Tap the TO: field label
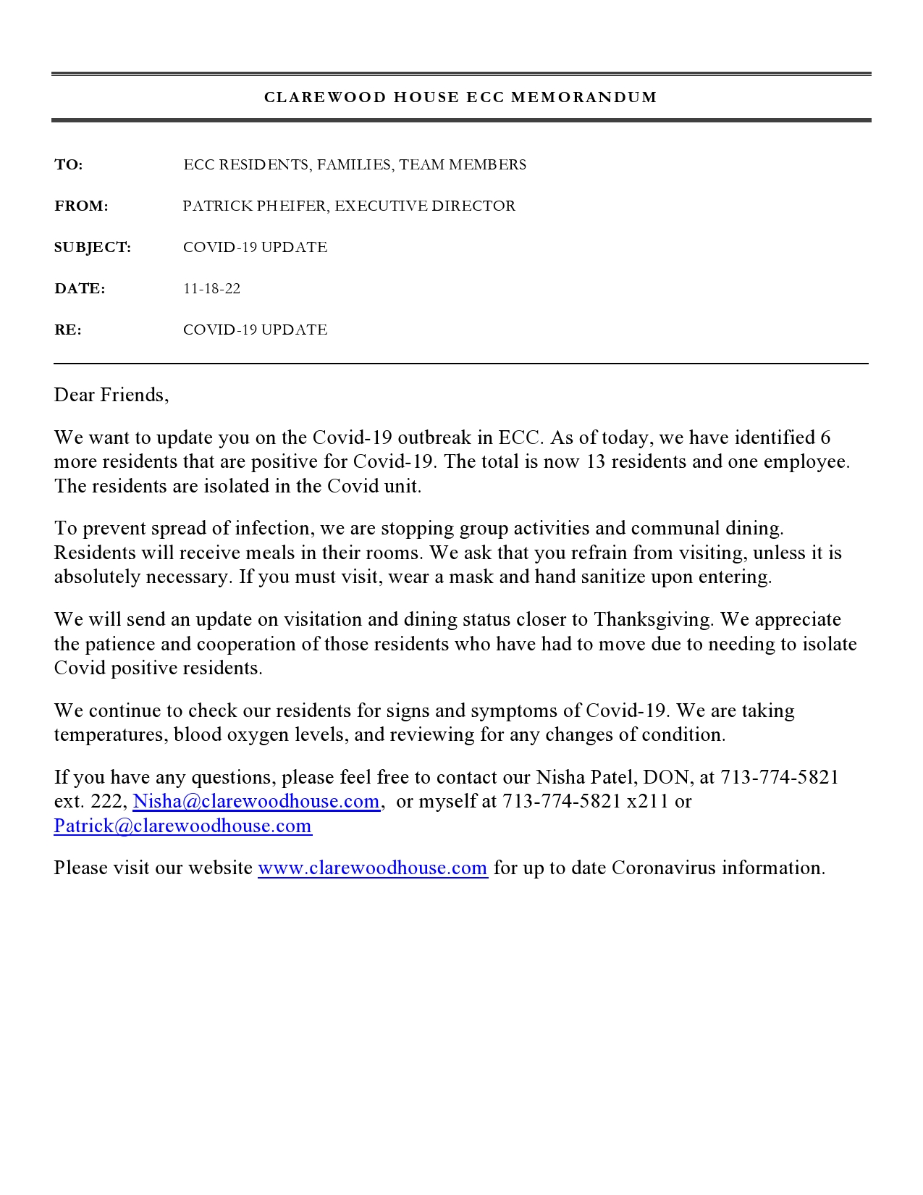pos(69,165)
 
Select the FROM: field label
pos(81,206)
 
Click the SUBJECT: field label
pos(93,248)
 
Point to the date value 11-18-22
pos(211,289)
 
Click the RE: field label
pos(68,330)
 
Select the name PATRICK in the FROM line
pos(217,206)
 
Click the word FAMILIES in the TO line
pos(355,165)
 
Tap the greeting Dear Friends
pos(111,395)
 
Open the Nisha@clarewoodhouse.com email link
pos(256,801)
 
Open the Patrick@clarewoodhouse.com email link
pos(182,826)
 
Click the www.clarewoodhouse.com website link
pos(372,868)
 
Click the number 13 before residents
pos(595,461)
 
